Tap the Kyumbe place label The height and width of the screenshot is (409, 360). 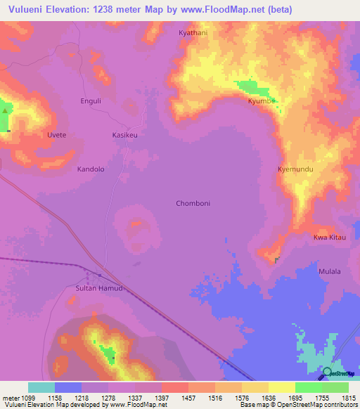(261, 100)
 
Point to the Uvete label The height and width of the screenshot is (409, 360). (56, 135)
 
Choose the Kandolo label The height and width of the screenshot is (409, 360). (91, 169)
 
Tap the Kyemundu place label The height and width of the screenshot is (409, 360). (295, 169)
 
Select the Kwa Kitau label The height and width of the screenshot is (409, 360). (330, 238)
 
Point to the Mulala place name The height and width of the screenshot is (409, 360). (330, 271)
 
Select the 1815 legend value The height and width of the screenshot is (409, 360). (348, 398)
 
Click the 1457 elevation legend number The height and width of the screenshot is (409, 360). (188, 398)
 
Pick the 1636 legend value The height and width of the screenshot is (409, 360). (268, 398)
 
